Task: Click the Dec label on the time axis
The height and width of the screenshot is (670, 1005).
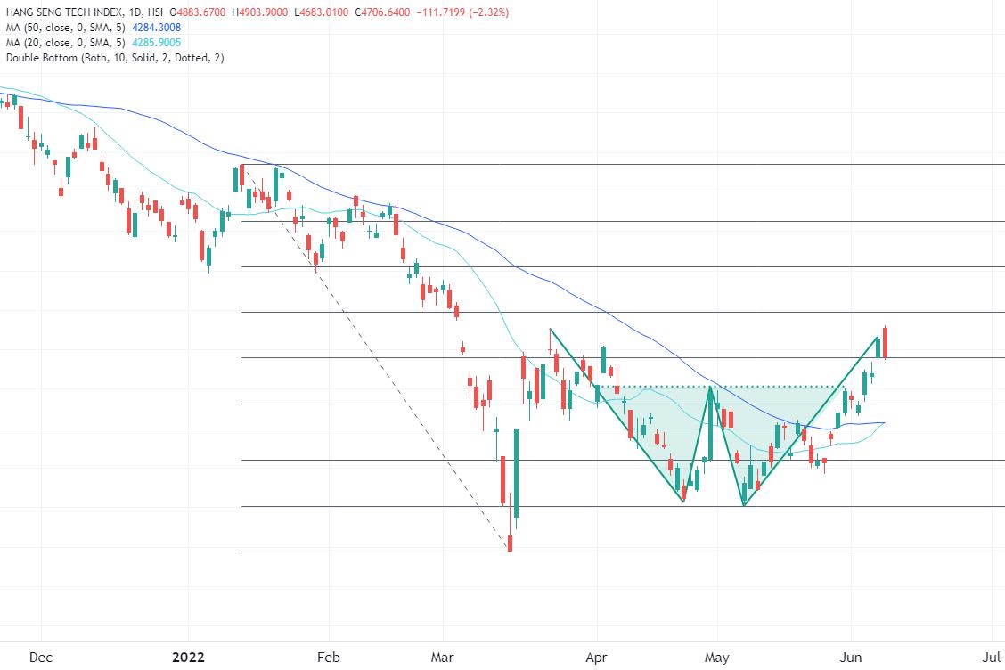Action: pos(41,658)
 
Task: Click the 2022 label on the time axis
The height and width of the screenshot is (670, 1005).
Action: pos(189,658)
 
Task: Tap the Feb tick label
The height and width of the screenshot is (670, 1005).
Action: pos(328,658)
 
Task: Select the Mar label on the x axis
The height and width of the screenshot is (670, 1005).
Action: pos(442,658)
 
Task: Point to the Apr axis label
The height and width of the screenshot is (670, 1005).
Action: pos(596,658)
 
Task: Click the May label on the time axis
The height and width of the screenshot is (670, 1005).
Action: pos(716,658)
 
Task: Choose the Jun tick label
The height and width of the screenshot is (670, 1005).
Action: pos(851,658)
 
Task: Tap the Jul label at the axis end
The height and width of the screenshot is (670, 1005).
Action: pos(991,658)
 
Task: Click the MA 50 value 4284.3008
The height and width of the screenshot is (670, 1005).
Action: pos(157,28)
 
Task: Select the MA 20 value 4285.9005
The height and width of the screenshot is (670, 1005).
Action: pos(157,43)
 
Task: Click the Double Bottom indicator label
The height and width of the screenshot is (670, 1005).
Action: pos(115,58)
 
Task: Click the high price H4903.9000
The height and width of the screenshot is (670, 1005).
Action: pos(259,12)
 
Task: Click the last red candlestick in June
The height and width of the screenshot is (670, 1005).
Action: pos(885,343)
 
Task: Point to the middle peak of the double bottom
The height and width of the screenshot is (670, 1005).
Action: pos(710,388)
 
